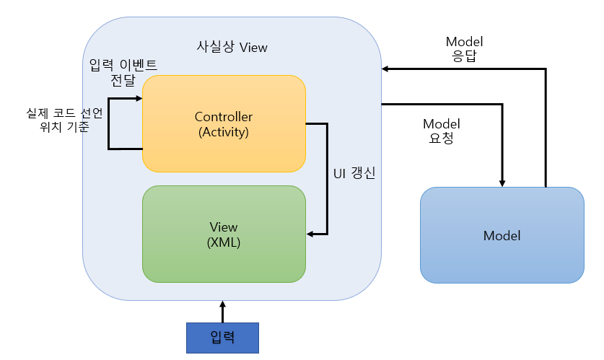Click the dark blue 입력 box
pos(222,338)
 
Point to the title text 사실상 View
pos(232,48)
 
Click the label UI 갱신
pos(354,174)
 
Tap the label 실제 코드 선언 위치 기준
pos(64,120)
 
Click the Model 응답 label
pos(464,48)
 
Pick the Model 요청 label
pos(441,131)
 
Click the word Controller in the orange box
pos(224,117)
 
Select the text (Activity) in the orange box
pos(224,132)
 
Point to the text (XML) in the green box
pos(224,242)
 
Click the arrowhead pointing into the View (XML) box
pos(312,234)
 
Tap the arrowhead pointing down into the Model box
pos(502,183)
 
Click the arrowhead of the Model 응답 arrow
pos(385,69)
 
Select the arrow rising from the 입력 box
pos(222,312)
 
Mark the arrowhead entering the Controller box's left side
pos(139,98)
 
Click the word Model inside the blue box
pos(502,236)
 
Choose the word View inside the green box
pos(224,227)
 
